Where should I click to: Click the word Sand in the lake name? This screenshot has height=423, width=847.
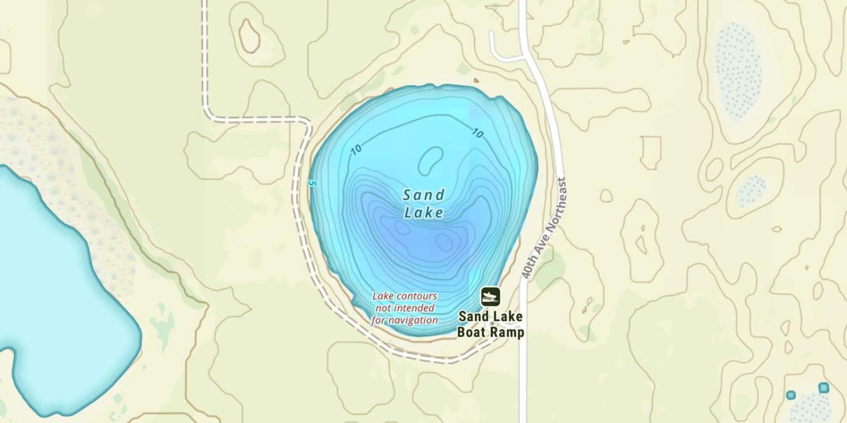point(423,196)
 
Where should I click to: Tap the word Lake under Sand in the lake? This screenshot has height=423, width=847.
point(423,213)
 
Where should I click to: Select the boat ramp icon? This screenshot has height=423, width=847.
point(490,296)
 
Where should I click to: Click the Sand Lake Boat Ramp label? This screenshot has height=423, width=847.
point(490,324)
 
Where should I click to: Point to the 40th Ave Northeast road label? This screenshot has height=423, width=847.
point(544,228)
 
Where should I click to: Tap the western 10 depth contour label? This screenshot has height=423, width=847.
point(356,150)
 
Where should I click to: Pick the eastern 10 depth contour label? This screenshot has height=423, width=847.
point(478,134)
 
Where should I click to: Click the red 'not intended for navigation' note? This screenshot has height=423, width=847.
point(404,308)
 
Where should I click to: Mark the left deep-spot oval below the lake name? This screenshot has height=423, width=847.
point(402,227)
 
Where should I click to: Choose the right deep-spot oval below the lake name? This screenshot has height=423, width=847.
point(444,242)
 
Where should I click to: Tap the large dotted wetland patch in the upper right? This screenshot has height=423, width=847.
point(739,70)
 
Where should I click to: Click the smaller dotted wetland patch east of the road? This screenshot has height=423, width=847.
point(751,190)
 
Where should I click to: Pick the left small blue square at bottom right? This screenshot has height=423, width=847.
point(791,395)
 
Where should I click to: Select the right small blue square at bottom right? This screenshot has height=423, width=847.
point(823,388)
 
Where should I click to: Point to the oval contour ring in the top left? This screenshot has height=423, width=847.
point(249,36)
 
